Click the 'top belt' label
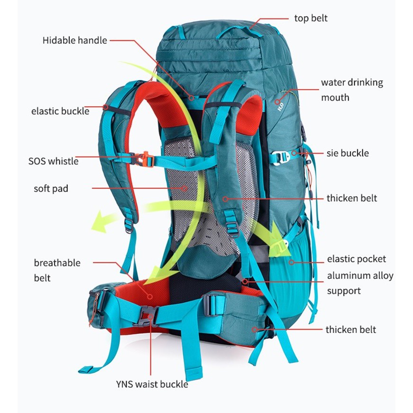(x=311, y=18)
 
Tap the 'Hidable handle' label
(x=75, y=40)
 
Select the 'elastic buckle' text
(x=60, y=111)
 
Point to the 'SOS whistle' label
(x=53, y=161)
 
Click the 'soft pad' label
(x=51, y=189)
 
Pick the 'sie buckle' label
(x=347, y=153)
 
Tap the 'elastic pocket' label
(x=356, y=259)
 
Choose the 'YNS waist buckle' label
(x=152, y=384)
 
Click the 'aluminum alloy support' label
(x=360, y=283)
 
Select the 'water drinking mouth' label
(x=351, y=90)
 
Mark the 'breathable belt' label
(x=57, y=270)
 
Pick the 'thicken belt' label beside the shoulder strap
(x=351, y=198)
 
